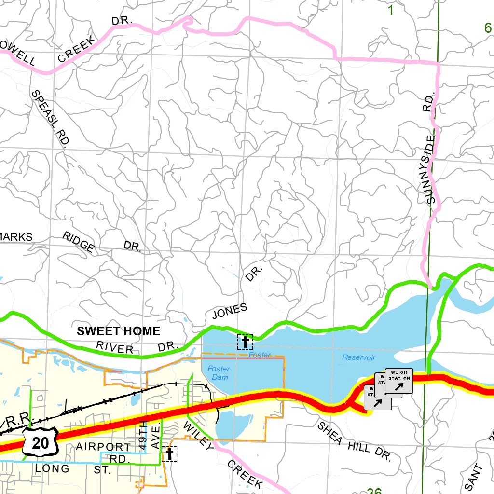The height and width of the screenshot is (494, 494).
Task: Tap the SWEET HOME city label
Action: pyautogui.click(x=118, y=331)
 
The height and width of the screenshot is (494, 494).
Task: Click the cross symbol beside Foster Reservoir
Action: pyautogui.click(x=245, y=342)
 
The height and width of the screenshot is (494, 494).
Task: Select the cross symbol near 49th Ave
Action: pyautogui.click(x=169, y=453)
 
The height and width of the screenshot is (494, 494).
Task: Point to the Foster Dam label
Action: pyautogui.click(x=219, y=373)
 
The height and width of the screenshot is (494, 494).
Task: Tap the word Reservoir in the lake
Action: pyautogui.click(x=358, y=357)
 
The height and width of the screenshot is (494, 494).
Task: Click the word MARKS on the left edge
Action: pyautogui.click(x=15, y=237)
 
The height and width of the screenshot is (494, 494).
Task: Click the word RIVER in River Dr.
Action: pyautogui.click(x=114, y=347)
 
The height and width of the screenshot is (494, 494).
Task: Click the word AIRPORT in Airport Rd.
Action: pyautogui.click(x=103, y=447)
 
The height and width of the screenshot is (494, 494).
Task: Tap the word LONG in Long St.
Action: pyautogui.click(x=52, y=468)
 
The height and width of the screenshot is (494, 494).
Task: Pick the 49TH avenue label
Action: pyautogui.click(x=142, y=435)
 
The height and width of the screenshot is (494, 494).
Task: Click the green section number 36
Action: pyautogui.click(x=374, y=491)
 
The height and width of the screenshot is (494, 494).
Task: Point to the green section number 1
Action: pyautogui.click(x=390, y=10)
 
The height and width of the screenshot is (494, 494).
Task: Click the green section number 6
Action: pyautogui.click(x=488, y=28)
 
